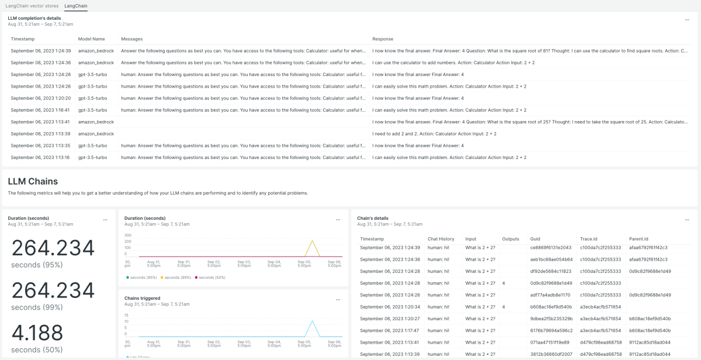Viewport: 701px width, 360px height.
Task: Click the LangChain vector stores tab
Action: tap(32, 5)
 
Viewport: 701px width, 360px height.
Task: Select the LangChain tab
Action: tap(76, 5)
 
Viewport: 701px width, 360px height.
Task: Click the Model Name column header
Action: tap(91, 39)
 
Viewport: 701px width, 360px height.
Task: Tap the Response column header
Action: tap(383, 39)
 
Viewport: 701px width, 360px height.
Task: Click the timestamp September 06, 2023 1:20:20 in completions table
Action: tap(40, 98)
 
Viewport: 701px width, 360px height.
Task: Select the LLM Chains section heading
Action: tap(33, 181)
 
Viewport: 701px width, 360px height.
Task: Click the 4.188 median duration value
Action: tap(37, 333)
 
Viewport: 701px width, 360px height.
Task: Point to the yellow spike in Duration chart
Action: tap(313, 241)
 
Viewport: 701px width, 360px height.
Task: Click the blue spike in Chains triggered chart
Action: tap(313, 321)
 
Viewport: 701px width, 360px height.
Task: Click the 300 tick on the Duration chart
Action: tap(128, 234)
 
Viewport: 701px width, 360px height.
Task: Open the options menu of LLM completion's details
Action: tap(687, 20)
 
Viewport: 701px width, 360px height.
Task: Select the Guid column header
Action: tap(535, 239)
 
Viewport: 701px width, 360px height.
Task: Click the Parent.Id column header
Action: tap(638, 239)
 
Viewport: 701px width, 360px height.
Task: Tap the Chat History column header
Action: tap(440, 239)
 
